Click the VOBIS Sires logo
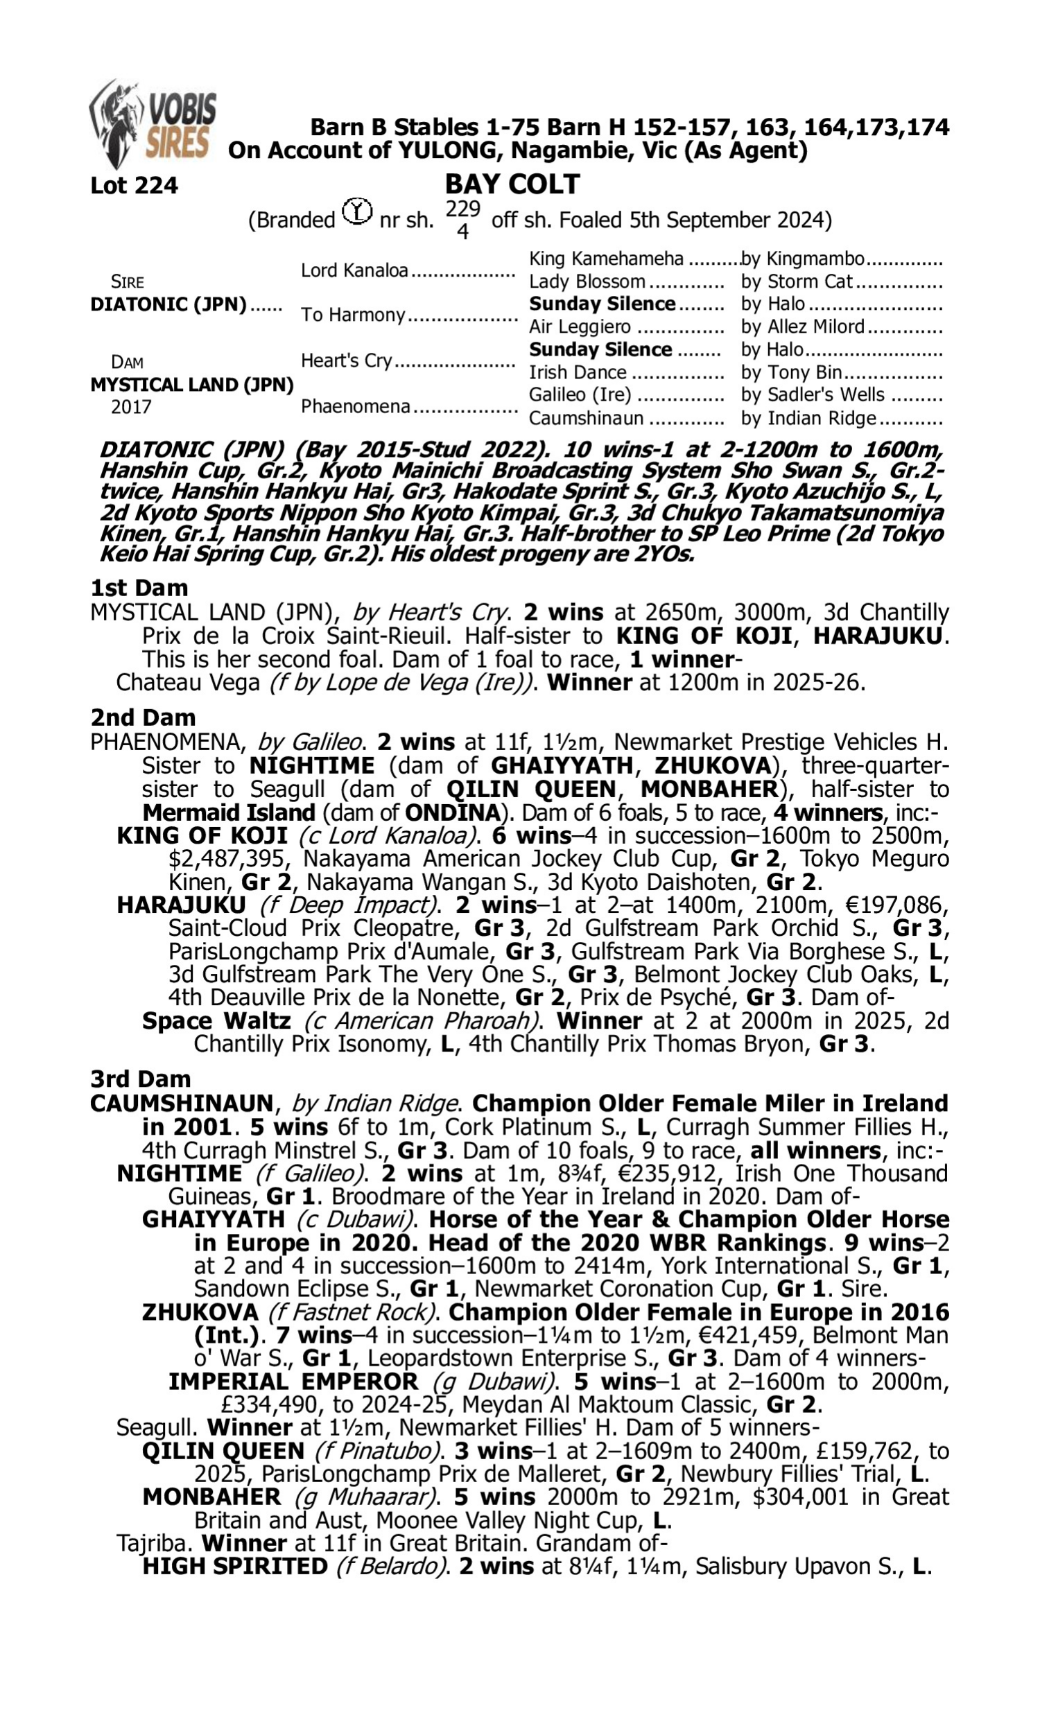[x=152, y=123]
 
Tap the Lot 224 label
[x=134, y=186]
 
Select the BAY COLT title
[x=512, y=184]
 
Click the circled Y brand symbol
[x=357, y=211]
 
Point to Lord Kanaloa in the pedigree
[x=354, y=270]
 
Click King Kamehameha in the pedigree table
[x=606, y=259]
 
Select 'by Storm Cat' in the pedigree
[x=797, y=281]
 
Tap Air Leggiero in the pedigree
[x=580, y=327]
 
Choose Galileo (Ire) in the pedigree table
[x=580, y=395]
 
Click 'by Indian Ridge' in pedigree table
[x=808, y=418]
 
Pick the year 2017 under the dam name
[x=131, y=407]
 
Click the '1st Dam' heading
[x=139, y=588]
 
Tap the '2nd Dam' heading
[x=143, y=717]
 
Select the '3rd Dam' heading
[x=140, y=1079]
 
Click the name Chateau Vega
[x=188, y=682]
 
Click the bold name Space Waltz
[x=216, y=1020]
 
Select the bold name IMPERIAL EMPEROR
[x=293, y=1382]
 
